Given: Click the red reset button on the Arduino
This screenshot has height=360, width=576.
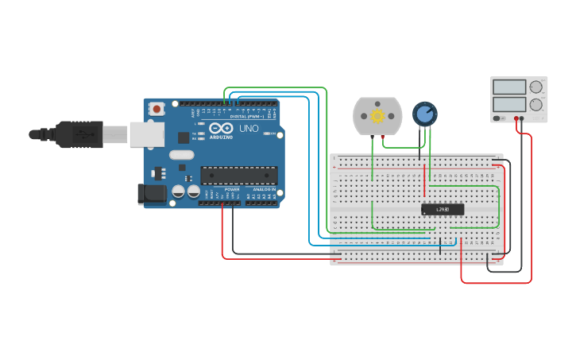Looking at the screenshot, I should pyautogui.click(x=157, y=108).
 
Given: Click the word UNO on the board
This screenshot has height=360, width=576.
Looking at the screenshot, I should pyautogui.click(x=249, y=128).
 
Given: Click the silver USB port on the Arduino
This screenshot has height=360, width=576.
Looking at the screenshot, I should pyautogui.click(x=146, y=135).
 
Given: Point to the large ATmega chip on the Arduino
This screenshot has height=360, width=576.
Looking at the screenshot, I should pyautogui.click(x=238, y=175).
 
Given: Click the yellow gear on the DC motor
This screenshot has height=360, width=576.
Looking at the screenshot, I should pyautogui.click(x=377, y=116).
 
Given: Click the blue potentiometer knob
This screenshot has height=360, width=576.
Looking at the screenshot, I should pyautogui.click(x=425, y=114).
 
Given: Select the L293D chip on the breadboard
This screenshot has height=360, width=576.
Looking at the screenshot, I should pyautogui.click(x=443, y=209).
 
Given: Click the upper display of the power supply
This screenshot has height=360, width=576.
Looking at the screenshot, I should pyautogui.click(x=508, y=86).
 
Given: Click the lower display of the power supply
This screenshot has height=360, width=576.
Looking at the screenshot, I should pyautogui.click(x=508, y=103).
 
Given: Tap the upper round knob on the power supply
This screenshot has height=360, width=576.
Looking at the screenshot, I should pyautogui.click(x=536, y=87).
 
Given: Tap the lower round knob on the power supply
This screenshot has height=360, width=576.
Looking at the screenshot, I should pyautogui.click(x=536, y=104).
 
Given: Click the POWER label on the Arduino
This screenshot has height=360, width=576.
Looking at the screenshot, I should pyautogui.click(x=231, y=189).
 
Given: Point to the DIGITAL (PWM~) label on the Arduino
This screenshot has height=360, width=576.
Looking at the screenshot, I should pyautogui.click(x=246, y=117).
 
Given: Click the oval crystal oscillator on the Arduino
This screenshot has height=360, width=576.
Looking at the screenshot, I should pyautogui.click(x=181, y=157).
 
